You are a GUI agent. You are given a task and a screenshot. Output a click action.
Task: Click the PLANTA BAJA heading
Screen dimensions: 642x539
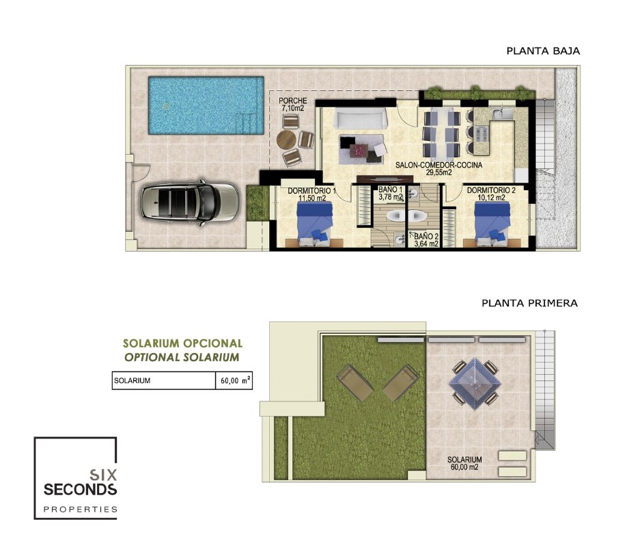coord(543,51)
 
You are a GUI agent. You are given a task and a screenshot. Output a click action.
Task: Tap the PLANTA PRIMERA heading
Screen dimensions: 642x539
coord(529,303)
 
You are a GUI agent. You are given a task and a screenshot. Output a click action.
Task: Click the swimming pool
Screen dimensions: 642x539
coord(206,105)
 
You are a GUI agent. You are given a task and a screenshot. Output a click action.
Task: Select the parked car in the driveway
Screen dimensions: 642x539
coord(189,202)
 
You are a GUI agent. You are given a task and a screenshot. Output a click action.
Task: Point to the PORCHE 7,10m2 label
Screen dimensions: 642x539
coord(293,105)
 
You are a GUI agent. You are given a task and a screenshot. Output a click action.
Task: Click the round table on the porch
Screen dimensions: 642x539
coord(286,140)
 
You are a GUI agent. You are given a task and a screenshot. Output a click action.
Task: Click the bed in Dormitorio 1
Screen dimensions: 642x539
coord(314,224)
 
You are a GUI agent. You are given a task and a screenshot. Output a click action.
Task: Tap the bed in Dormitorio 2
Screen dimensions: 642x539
coord(492,224)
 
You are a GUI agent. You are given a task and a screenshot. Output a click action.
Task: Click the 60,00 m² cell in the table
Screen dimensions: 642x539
coord(234,381)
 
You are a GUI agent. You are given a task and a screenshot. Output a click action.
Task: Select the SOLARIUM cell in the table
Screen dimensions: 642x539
coord(164,381)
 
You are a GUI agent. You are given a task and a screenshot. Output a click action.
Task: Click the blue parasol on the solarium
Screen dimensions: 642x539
coord(475,383)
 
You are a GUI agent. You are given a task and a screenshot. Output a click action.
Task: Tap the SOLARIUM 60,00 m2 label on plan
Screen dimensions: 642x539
coord(464,463)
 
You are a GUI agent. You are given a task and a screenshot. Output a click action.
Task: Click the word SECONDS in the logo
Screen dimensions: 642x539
coord(81,489)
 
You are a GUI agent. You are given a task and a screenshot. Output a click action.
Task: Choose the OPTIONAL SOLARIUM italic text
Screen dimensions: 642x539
coord(182,357)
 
